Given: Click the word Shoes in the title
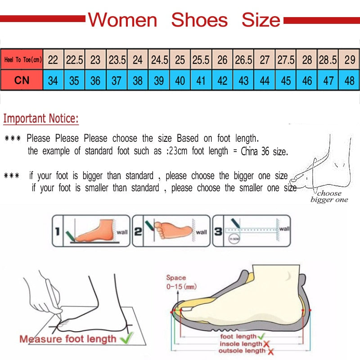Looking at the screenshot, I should pos(199,20).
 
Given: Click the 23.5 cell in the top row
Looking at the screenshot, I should pos(117,59).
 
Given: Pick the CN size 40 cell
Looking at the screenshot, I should pos(180,81).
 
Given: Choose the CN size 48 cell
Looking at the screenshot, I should pos(349,81).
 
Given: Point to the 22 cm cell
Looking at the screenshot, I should pos(53,59).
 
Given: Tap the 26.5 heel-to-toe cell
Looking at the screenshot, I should pos(243,59).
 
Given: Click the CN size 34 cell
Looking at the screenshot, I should pos(53,81).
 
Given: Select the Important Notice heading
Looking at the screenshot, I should pos(41,119).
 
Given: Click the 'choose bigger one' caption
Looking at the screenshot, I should pos(329,197).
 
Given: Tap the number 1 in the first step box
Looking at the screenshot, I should pos(57,232).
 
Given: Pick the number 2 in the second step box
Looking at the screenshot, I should pos(138,232).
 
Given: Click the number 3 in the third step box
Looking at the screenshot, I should pos(218,232).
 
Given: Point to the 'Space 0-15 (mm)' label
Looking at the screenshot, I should pos(180,282).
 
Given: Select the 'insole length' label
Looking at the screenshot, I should pos(241,344).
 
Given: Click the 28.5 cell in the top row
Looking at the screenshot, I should pos(327,59).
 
